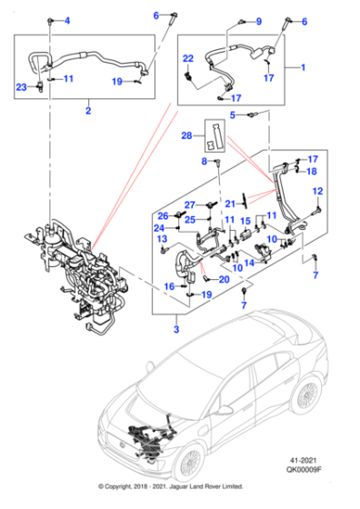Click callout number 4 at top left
click(x=76, y=20)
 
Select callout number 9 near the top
click(x=257, y=21)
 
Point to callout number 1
click(x=303, y=68)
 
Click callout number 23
click(x=22, y=86)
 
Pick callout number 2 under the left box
click(x=87, y=112)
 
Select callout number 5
click(x=233, y=115)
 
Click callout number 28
click(x=187, y=136)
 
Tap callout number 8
click(x=204, y=161)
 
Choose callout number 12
click(x=318, y=191)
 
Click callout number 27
click(x=191, y=204)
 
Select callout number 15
click(x=245, y=222)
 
